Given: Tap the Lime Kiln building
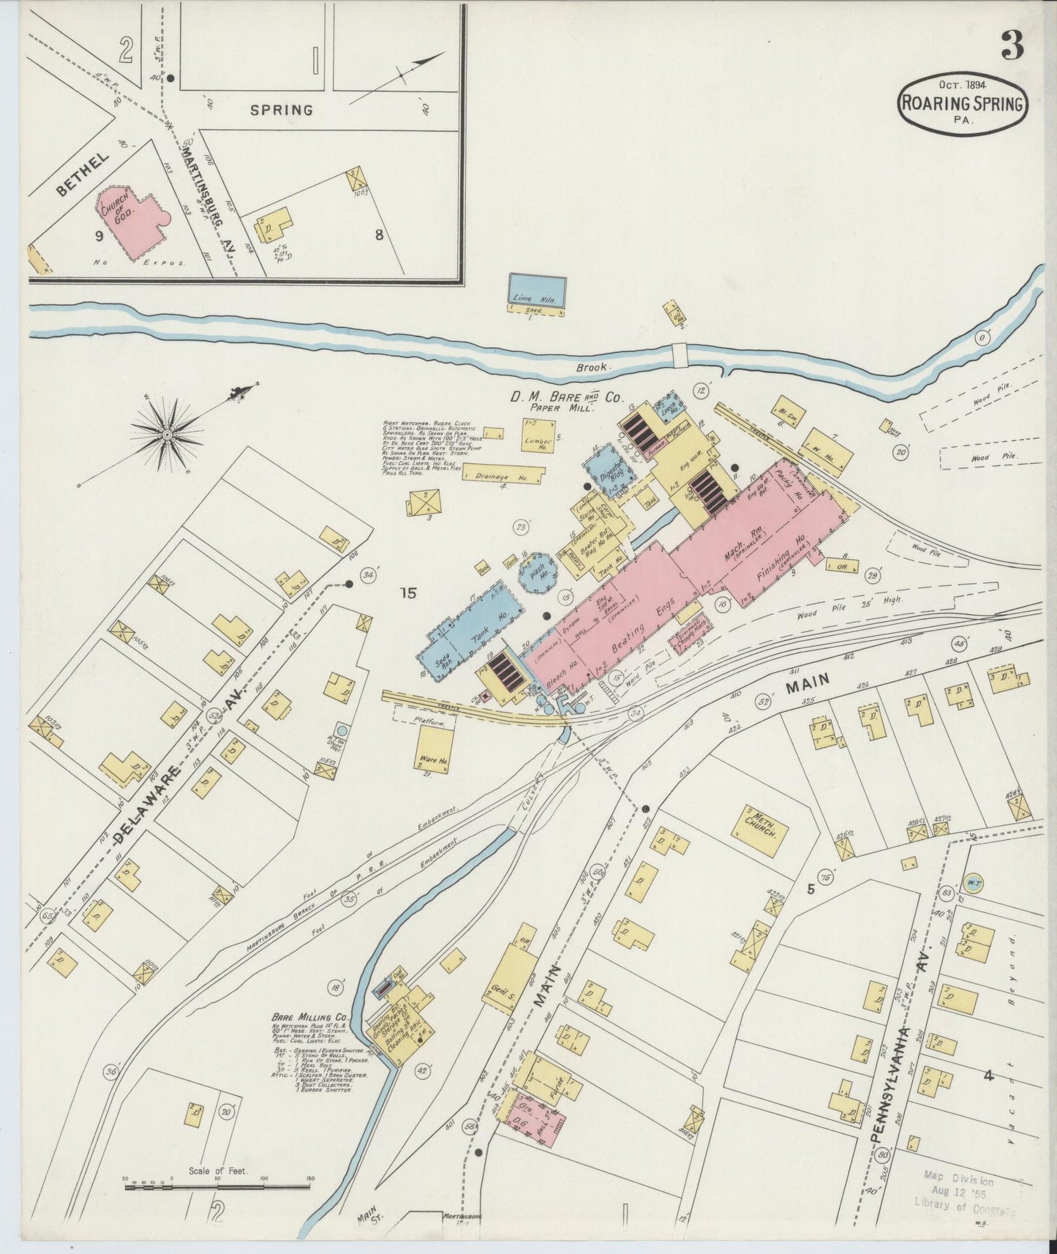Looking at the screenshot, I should pyautogui.click(x=537, y=290).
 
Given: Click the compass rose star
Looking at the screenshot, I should pyautogui.click(x=167, y=435).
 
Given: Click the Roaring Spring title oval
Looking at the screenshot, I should pyautogui.click(x=962, y=103).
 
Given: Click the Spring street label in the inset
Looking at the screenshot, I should pyautogui.click(x=282, y=110).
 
